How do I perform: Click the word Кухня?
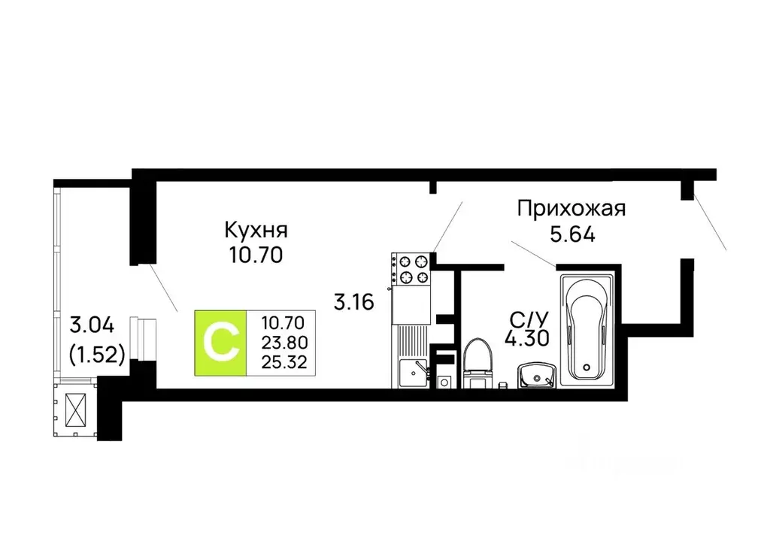click(x=256, y=229)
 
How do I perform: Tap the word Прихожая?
click(x=571, y=208)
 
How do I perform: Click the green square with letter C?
click(x=220, y=343)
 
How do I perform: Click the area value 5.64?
click(x=572, y=234)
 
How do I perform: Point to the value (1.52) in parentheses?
click(x=96, y=352)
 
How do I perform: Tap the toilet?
click(x=476, y=363)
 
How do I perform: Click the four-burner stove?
click(x=410, y=270)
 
